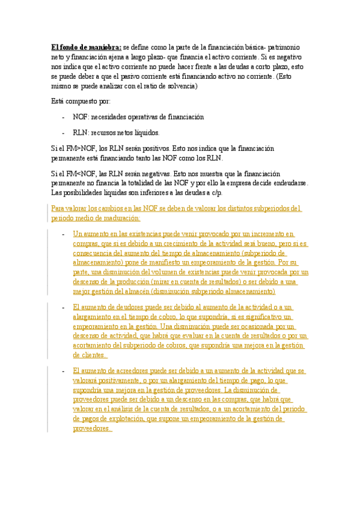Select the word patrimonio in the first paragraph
click(x=289, y=47)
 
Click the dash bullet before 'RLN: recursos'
click(x=64, y=132)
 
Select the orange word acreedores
click(x=126, y=372)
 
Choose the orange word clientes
click(x=88, y=355)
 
